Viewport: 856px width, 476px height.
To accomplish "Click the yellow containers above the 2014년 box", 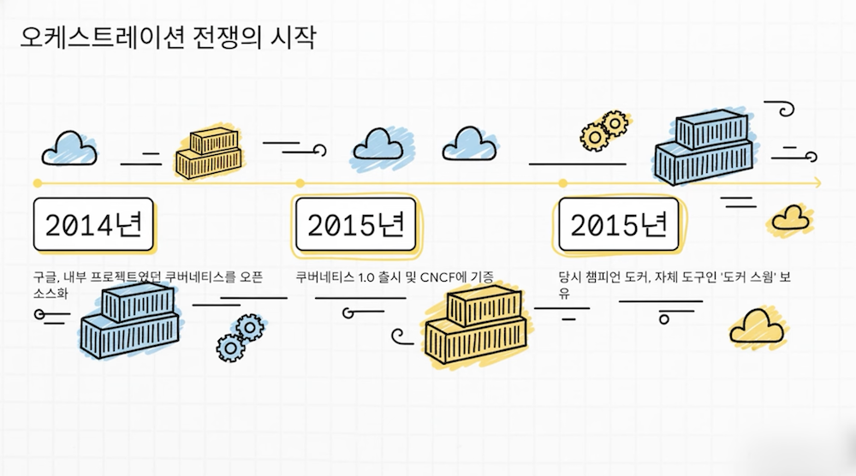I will (210, 152).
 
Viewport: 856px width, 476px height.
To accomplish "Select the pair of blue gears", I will (239, 336).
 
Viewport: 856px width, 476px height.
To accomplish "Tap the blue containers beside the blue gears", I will (131, 321).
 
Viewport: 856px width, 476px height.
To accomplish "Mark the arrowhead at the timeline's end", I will (817, 182).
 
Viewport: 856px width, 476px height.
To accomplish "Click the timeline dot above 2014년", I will (37, 182).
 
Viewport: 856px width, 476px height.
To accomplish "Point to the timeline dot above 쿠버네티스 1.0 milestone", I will (300, 182).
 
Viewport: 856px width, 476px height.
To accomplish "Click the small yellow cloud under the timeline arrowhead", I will (790, 219).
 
